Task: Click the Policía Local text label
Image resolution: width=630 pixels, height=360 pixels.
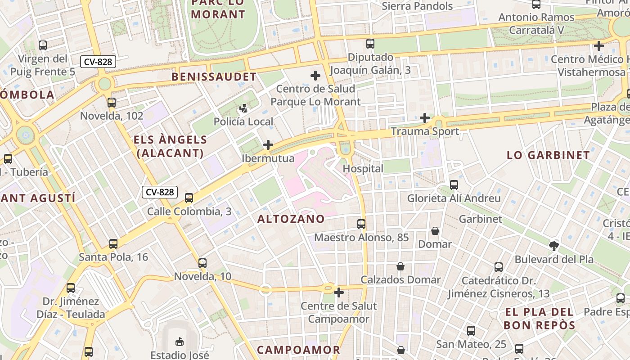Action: tap(243, 121)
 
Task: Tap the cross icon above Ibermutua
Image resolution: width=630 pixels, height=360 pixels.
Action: tap(268, 145)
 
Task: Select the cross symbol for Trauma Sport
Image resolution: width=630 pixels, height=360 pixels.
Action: tap(424, 118)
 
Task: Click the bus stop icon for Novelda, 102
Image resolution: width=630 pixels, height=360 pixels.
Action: tap(112, 103)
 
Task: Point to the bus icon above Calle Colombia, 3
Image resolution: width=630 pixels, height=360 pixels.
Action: tap(189, 198)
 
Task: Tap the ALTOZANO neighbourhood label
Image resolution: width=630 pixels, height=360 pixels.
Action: tap(291, 219)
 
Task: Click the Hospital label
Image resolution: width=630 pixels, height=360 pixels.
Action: tap(363, 169)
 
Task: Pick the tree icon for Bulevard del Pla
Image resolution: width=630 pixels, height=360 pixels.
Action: tap(554, 246)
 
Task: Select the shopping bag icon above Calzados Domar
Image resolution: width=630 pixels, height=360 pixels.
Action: tap(400, 266)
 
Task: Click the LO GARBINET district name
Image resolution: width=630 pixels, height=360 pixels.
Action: tap(548, 155)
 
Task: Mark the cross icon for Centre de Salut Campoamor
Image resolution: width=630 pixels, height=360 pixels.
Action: tap(339, 293)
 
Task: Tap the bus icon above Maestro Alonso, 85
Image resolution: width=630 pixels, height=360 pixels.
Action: tap(361, 224)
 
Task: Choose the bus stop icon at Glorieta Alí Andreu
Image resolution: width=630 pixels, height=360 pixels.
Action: tap(454, 185)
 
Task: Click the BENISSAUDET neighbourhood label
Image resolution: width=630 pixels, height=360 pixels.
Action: tap(214, 77)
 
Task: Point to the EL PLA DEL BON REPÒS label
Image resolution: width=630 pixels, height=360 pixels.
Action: tap(539, 319)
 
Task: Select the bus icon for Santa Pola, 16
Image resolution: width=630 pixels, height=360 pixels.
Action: tap(113, 244)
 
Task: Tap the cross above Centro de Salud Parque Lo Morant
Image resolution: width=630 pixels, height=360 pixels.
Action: tap(315, 76)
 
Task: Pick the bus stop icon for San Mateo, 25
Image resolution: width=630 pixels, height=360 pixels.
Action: tap(471, 331)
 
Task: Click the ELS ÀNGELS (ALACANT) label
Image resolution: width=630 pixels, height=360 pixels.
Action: tap(171, 146)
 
